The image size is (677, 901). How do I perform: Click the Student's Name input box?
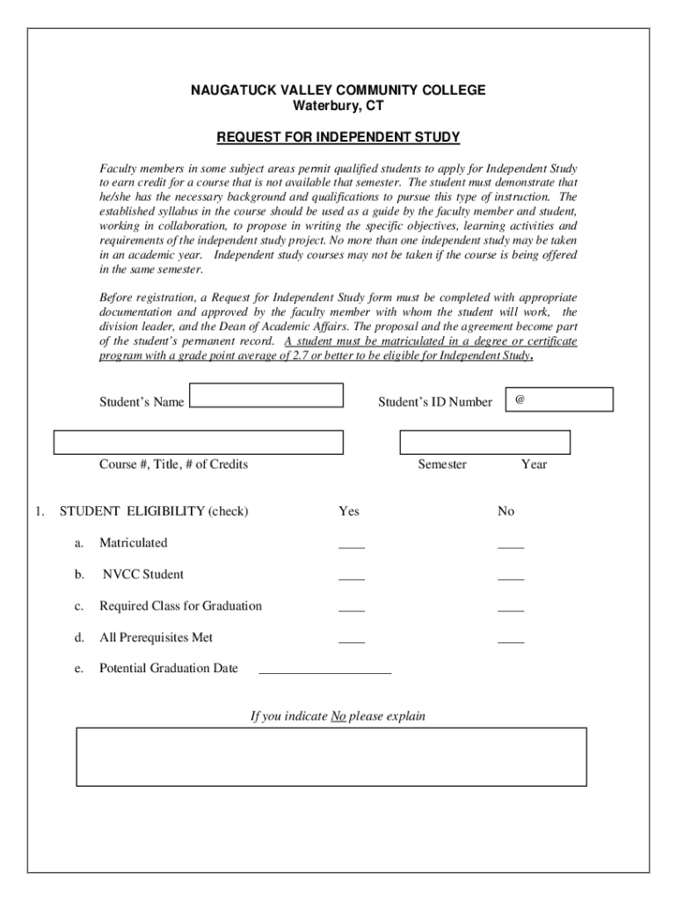pyautogui.click(x=266, y=395)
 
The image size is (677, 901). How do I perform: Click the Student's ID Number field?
pyautogui.click(x=559, y=400)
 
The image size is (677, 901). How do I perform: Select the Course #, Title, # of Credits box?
pyautogui.click(x=199, y=443)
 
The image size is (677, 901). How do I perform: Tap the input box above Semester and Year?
pyautogui.click(x=484, y=442)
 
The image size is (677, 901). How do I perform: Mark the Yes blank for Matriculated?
pyautogui.click(x=352, y=544)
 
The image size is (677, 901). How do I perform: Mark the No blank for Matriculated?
pyautogui.click(x=511, y=544)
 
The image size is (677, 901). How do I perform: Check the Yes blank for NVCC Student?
pyautogui.click(x=352, y=575)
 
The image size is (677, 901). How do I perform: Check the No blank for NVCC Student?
pyautogui.click(x=511, y=575)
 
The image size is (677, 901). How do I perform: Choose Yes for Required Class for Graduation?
pyautogui.click(x=352, y=607)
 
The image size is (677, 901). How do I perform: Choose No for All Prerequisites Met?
pyautogui.click(x=511, y=639)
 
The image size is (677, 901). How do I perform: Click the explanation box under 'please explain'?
pyautogui.click(x=331, y=756)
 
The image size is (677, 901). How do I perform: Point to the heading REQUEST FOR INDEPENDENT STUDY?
pyautogui.click(x=338, y=138)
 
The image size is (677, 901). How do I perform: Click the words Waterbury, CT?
pyautogui.click(x=338, y=106)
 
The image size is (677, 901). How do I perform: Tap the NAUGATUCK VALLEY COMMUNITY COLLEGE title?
pyautogui.click(x=338, y=91)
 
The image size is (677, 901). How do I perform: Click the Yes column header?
pyautogui.click(x=349, y=511)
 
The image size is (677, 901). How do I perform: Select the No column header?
pyautogui.click(x=506, y=511)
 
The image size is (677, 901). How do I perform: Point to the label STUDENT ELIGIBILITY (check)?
pyautogui.click(x=154, y=511)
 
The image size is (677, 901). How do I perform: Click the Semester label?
pyautogui.click(x=442, y=465)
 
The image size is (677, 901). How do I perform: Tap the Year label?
pyautogui.click(x=534, y=465)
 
